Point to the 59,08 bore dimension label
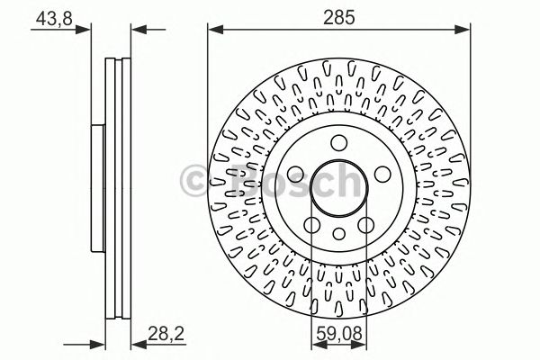(x=337, y=337)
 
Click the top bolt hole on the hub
(x=338, y=142)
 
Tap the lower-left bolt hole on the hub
(x=311, y=224)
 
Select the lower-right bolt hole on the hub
(x=365, y=224)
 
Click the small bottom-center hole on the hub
(x=338, y=234)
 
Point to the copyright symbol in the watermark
(x=193, y=181)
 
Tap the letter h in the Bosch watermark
(x=344, y=181)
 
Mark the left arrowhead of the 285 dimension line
(x=213, y=31)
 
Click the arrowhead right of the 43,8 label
(x=87, y=31)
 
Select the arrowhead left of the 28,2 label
(x=136, y=343)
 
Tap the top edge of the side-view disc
(x=118, y=59)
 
